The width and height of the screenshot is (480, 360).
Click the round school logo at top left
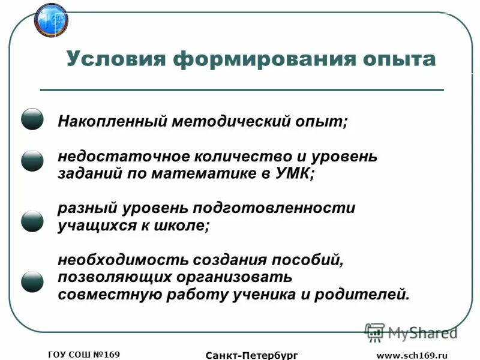pos(52,20)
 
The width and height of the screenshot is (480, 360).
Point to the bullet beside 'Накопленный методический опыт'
pos(32,120)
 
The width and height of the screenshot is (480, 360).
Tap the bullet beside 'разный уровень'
pos(32,221)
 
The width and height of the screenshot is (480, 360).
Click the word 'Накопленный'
pos(111,121)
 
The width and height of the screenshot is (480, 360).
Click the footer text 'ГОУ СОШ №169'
pos(84,354)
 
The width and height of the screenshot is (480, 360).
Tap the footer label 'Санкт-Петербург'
pos(252,355)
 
